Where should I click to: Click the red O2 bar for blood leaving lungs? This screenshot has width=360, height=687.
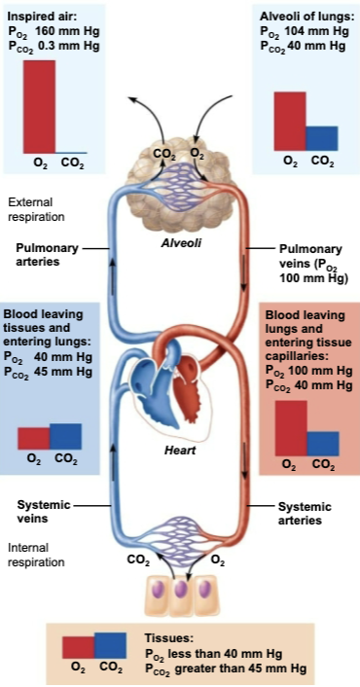pos(290,427)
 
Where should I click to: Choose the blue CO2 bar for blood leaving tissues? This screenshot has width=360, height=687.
pos(65,436)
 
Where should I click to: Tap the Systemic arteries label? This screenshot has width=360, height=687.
pos(304,513)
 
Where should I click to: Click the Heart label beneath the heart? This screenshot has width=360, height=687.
pos(180,451)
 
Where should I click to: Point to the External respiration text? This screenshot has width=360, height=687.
pos(36,209)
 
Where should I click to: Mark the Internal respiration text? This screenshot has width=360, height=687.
pos(35,555)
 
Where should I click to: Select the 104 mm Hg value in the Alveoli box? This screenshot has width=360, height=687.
pos(308,32)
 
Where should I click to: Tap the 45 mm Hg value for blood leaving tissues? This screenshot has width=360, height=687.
pos(59,370)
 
